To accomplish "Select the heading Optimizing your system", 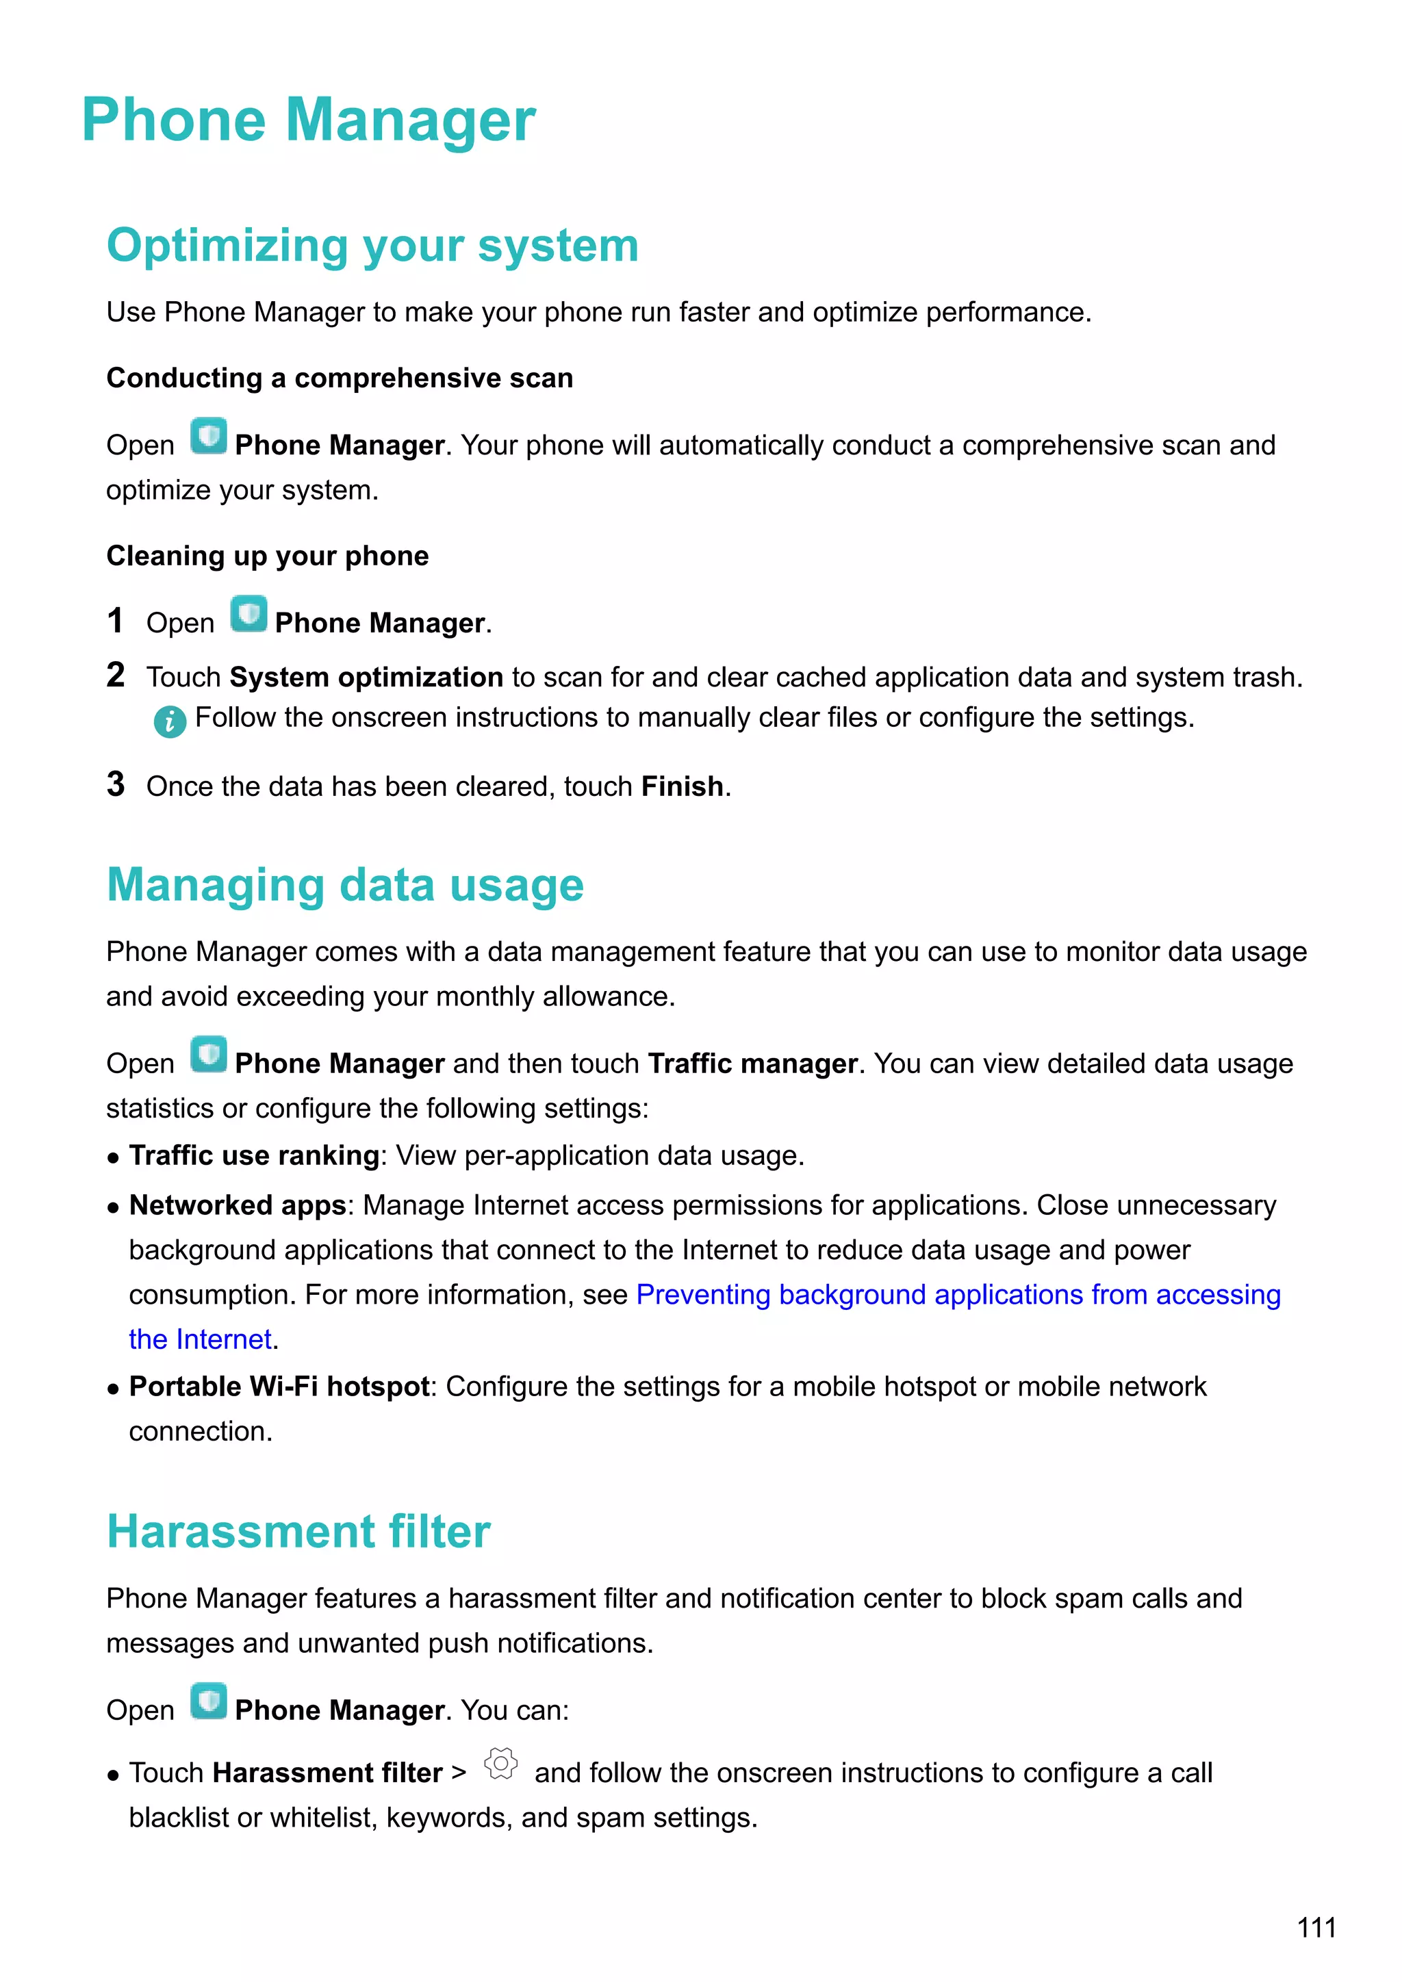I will coord(372,245).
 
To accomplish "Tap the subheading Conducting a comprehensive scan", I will coord(340,378).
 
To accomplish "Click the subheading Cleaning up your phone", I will coord(267,556).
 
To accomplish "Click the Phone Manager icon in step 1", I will coord(248,615).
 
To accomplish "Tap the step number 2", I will coord(116,675).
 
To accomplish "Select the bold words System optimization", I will coord(366,678).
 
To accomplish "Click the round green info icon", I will coord(170,721).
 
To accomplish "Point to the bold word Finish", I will coord(682,786).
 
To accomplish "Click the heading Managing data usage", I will coord(345,886).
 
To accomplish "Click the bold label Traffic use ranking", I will coord(254,1156).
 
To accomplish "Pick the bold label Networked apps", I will coord(238,1205).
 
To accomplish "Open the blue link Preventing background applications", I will coord(958,1295).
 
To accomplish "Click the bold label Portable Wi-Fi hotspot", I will coord(279,1387).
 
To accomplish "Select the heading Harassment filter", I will coord(298,1532).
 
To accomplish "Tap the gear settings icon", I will coord(500,1764).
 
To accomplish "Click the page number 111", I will coord(1316,1928).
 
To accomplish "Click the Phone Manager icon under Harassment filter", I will coord(209,1701).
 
